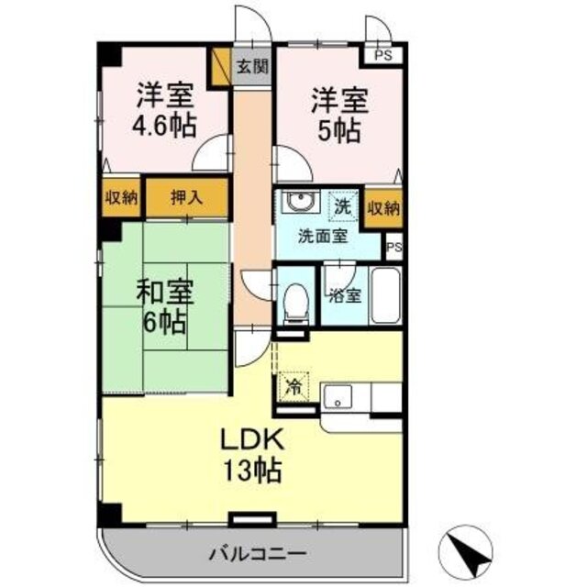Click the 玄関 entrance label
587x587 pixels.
(x=252, y=66)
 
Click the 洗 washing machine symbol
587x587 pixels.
(x=341, y=206)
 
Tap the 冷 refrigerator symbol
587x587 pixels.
(x=293, y=386)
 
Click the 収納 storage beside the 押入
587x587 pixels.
(x=121, y=196)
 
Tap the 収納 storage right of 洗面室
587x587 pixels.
(x=384, y=208)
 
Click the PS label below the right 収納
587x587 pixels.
(x=394, y=247)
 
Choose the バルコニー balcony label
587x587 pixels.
(x=256, y=554)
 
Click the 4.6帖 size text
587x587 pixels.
(x=165, y=126)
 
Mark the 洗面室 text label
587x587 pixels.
(x=321, y=235)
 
